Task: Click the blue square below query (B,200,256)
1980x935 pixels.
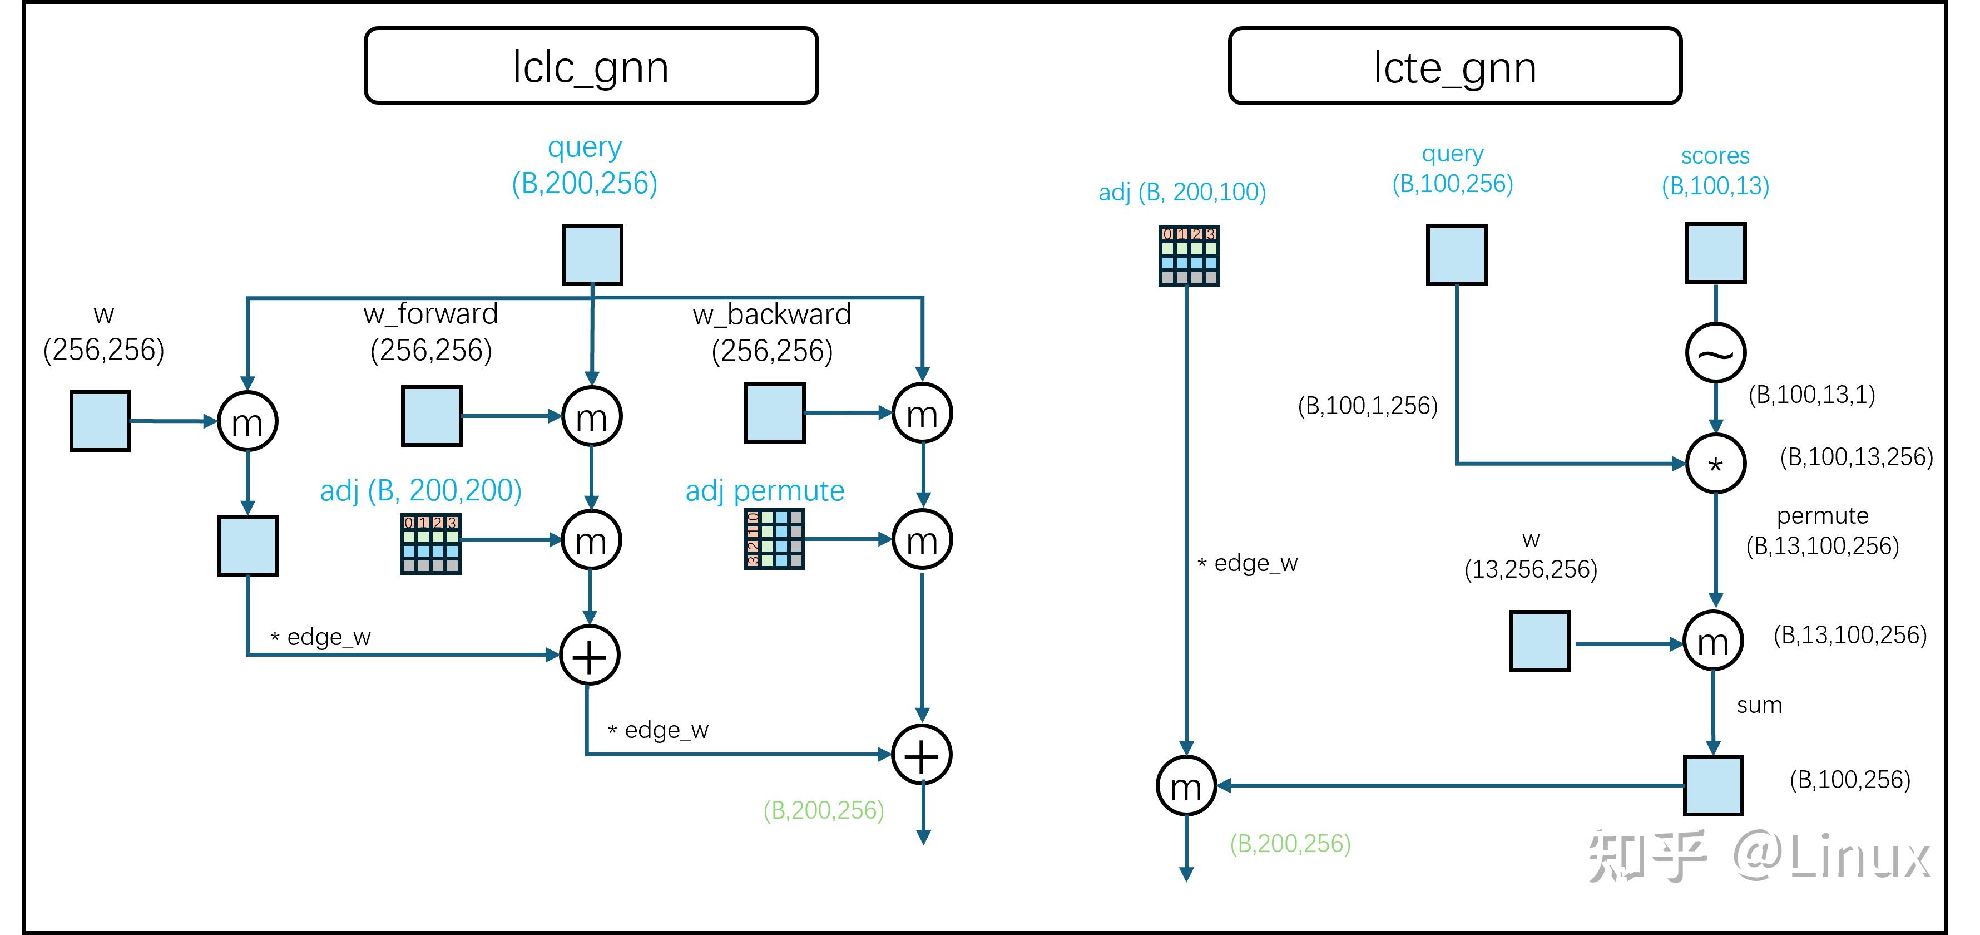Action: point(592,254)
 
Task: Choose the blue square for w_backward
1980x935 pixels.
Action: point(775,414)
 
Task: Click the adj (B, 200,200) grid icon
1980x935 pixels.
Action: point(430,544)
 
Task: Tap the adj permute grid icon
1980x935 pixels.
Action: point(774,539)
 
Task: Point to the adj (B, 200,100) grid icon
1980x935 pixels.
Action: point(1189,255)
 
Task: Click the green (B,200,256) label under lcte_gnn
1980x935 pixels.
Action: point(1290,844)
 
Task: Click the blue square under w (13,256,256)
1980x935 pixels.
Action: point(1540,641)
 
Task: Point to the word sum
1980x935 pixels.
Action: point(1759,705)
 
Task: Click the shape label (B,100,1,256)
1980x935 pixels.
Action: point(1368,405)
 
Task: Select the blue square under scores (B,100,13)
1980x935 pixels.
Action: point(1716,254)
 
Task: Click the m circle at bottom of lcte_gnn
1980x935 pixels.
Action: point(1186,786)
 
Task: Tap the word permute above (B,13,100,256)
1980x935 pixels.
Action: point(1821,515)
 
